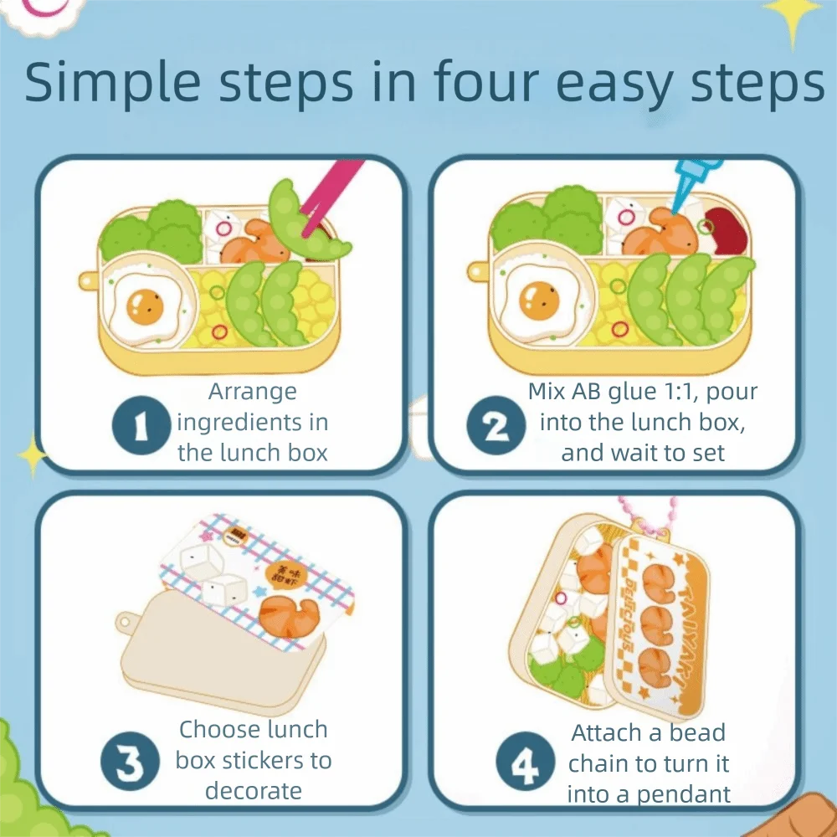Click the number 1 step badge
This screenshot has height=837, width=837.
coord(141,425)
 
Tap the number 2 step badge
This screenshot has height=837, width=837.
coord(496,425)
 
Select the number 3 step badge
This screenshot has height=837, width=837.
coord(130,761)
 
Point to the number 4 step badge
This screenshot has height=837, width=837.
coord(526,761)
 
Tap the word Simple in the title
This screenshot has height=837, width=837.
coord(112,83)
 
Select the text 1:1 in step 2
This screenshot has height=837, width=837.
coord(680,391)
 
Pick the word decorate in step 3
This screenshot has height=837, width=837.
coord(253,791)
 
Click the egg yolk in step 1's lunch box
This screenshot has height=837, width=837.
coord(144,306)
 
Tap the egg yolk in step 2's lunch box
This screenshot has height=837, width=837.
coord(539,300)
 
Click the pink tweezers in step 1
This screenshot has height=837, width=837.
coord(331,197)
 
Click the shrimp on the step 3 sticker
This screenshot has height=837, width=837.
coord(288,615)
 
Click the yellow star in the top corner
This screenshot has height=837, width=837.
coord(793,16)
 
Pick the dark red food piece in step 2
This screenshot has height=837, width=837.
coord(727,229)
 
